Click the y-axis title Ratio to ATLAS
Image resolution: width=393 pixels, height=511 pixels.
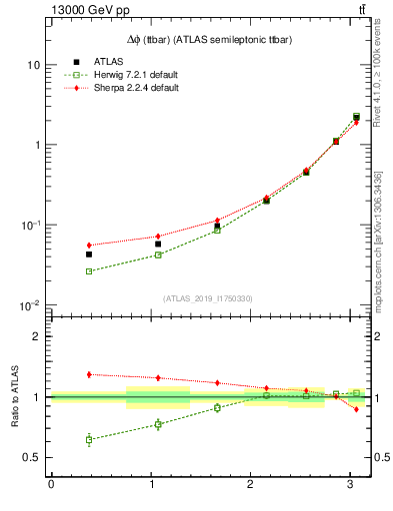coord(13,396)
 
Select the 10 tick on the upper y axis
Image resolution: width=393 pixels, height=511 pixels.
coord(33,65)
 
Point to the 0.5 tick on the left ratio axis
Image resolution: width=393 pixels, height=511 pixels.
coord(31,457)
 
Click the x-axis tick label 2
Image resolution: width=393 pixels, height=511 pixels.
coord(250,485)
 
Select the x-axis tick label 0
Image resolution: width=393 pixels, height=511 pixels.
coord(51,485)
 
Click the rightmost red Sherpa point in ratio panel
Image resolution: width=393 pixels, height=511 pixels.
coord(356,409)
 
